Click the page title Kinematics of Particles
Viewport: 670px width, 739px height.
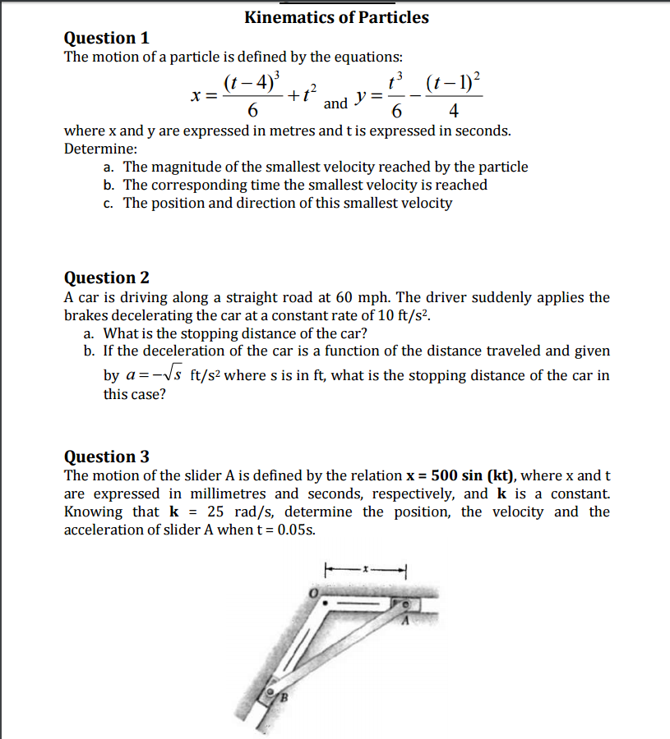[336, 17]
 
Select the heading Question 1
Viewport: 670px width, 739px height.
[107, 38]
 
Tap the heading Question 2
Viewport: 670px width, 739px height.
[107, 278]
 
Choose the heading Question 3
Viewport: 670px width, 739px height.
[107, 457]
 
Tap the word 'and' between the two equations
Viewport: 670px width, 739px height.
[335, 103]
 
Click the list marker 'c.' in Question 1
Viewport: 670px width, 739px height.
[109, 203]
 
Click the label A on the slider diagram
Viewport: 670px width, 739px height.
[404, 622]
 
